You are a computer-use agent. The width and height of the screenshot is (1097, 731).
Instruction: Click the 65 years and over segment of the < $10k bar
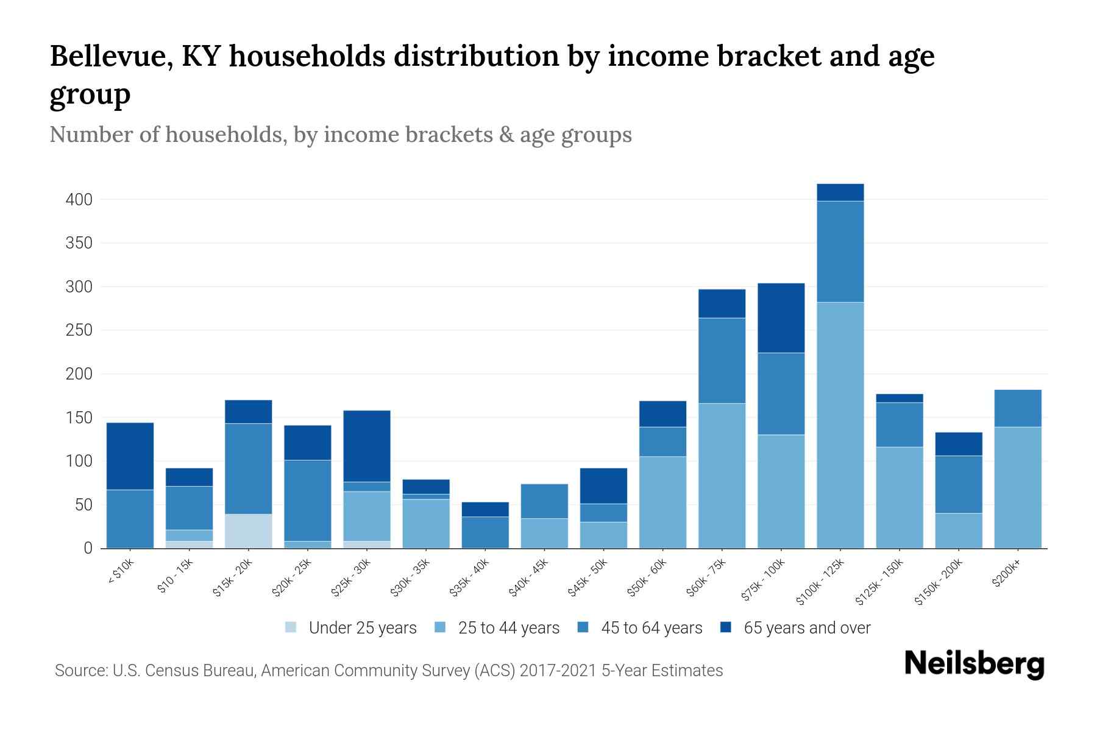(130, 456)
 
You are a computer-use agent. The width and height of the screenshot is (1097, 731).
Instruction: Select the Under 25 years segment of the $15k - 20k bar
(249, 531)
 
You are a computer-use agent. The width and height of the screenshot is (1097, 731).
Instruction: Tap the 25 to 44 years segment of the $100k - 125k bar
(840, 425)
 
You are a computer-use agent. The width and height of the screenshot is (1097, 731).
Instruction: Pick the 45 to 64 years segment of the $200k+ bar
(1018, 408)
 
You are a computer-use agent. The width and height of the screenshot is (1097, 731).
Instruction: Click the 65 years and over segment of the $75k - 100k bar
(781, 318)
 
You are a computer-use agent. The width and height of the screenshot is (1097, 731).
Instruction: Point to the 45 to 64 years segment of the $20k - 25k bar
(308, 501)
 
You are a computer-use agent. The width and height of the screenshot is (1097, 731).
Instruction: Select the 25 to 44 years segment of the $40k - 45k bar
(544, 534)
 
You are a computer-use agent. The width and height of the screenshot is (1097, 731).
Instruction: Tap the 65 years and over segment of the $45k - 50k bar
(603, 486)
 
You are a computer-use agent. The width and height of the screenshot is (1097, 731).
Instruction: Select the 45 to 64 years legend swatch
(583, 627)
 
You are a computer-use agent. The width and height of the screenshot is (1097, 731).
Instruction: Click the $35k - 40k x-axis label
(470, 580)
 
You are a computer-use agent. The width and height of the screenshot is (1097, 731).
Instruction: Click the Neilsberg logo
(974, 664)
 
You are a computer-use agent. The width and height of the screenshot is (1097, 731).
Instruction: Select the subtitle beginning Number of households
(340, 135)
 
